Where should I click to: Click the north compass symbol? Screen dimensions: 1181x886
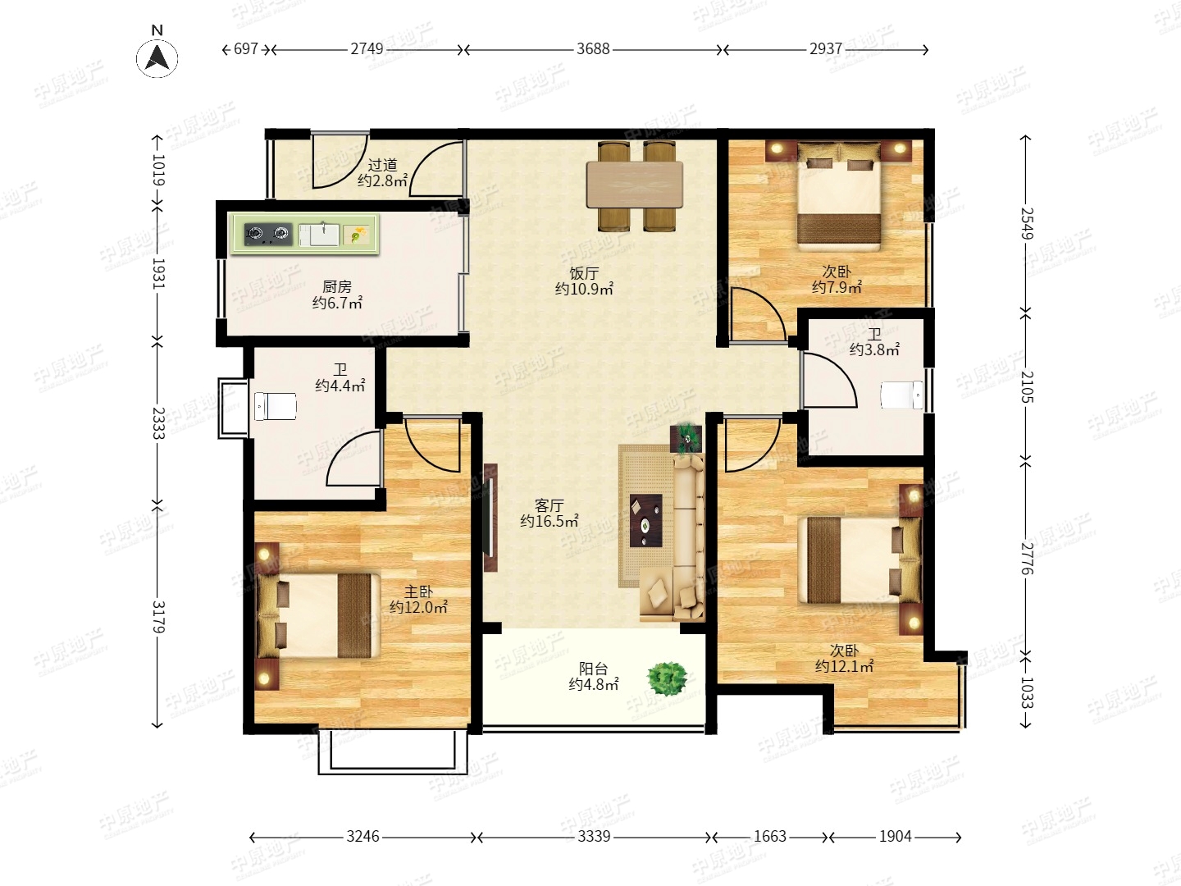point(157,57)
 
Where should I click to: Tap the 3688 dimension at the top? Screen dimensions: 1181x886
point(593,49)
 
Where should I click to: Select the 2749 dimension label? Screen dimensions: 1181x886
point(367,49)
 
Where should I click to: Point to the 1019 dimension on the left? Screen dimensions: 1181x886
point(157,170)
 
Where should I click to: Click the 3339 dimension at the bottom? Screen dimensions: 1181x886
point(594,837)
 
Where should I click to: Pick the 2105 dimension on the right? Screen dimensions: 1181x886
point(1026,386)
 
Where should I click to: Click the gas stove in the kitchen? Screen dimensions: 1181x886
point(268,234)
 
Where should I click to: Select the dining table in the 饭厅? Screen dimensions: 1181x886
point(635,185)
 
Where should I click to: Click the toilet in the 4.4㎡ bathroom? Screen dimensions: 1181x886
point(275,406)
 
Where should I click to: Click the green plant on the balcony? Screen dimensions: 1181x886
point(667,678)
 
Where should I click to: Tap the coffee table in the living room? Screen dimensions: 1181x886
point(645,520)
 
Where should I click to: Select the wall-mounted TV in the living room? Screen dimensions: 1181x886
point(490,518)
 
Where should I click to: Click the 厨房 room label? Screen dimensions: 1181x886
point(337,287)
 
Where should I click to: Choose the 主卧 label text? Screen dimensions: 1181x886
point(418,591)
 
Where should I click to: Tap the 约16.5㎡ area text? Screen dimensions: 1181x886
point(549,521)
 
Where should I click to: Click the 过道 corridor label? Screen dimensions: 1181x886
point(382,165)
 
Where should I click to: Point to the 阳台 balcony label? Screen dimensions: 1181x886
point(594,669)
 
